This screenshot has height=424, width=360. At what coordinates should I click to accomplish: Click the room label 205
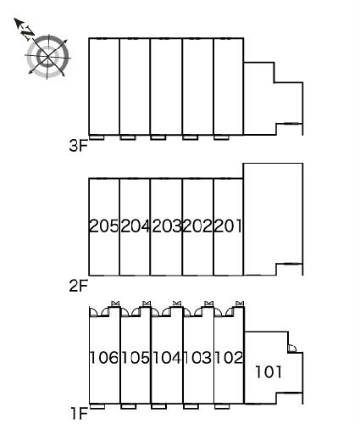pyautogui.click(x=103, y=226)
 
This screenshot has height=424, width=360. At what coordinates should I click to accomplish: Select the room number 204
pyautogui.click(x=135, y=226)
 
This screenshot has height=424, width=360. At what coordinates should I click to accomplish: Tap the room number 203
pyautogui.click(x=167, y=226)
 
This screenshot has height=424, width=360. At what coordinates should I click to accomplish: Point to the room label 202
pyautogui.click(x=197, y=226)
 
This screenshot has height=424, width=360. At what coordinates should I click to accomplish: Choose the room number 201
pyautogui.click(x=228, y=226)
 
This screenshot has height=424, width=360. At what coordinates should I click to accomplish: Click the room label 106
pyautogui.click(x=104, y=358)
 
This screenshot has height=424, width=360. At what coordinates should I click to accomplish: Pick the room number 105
pyautogui.click(x=136, y=358)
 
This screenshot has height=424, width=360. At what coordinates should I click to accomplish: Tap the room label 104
pyautogui.click(x=167, y=358)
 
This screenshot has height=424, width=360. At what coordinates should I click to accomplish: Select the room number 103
pyautogui.click(x=197, y=358)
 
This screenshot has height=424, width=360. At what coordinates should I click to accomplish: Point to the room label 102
pyautogui.click(x=229, y=358)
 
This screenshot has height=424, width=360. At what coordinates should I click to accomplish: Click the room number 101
pyautogui.click(x=269, y=371)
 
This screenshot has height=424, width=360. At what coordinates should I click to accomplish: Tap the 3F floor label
pyautogui.click(x=79, y=146)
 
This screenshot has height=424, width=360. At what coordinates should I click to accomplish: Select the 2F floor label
pyautogui.click(x=79, y=286)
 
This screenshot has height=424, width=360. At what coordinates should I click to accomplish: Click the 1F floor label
pyautogui.click(x=80, y=414)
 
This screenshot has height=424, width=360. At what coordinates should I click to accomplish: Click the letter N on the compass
pyautogui.click(x=28, y=32)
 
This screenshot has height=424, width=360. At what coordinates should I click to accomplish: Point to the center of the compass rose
pyautogui.click(x=48, y=57)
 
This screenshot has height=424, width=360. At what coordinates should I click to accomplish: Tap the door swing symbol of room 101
pyautogui.click(x=292, y=349)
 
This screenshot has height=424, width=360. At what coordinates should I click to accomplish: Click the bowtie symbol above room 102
pyautogui.click(x=240, y=304)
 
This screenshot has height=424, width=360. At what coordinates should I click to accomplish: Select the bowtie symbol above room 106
pyautogui.click(x=115, y=304)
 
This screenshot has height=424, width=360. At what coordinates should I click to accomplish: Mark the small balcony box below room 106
pyautogui.click(x=97, y=406)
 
